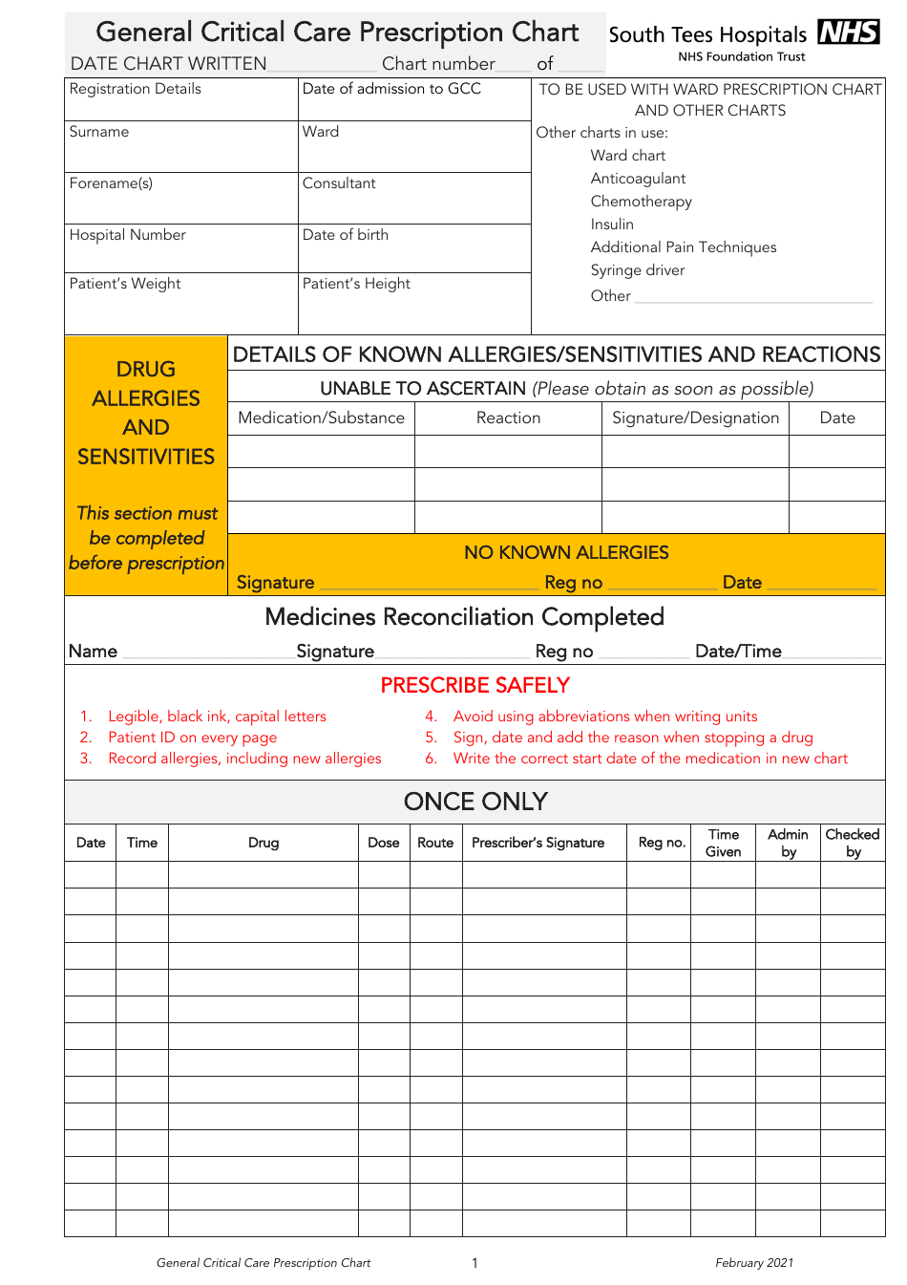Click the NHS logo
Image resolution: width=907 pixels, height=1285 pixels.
tap(848, 32)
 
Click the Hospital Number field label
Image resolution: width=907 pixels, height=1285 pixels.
tap(127, 235)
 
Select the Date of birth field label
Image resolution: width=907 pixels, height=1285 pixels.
tap(345, 235)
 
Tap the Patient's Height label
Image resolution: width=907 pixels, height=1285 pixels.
tap(356, 284)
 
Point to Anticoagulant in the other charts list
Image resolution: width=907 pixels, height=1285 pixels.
tap(638, 179)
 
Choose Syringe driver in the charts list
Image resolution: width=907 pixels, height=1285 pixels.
tap(637, 270)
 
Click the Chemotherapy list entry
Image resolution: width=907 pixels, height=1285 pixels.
tap(641, 202)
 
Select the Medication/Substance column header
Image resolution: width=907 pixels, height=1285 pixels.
tap(321, 418)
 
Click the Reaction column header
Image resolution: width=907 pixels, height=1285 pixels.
tap(508, 418)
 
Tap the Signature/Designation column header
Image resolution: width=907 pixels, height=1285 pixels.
tap(695, 418)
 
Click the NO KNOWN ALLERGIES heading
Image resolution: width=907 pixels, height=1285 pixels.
tap(566, 553)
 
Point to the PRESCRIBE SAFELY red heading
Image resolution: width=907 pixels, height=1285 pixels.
tap(475, 686)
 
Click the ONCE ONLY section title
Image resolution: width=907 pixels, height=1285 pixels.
tap(475, 802)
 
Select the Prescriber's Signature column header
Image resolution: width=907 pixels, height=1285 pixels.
tap(538, 843)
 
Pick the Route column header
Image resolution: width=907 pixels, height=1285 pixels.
tap(435, 843)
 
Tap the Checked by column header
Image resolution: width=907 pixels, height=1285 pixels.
tap(853, 843)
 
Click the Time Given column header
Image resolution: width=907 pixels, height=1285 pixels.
tap(723, 843)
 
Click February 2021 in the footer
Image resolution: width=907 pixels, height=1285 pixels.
tap(754, 1263)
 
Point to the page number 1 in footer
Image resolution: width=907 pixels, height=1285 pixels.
tap(475, 1263)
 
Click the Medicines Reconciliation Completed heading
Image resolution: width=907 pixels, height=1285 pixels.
tap(464, 617)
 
